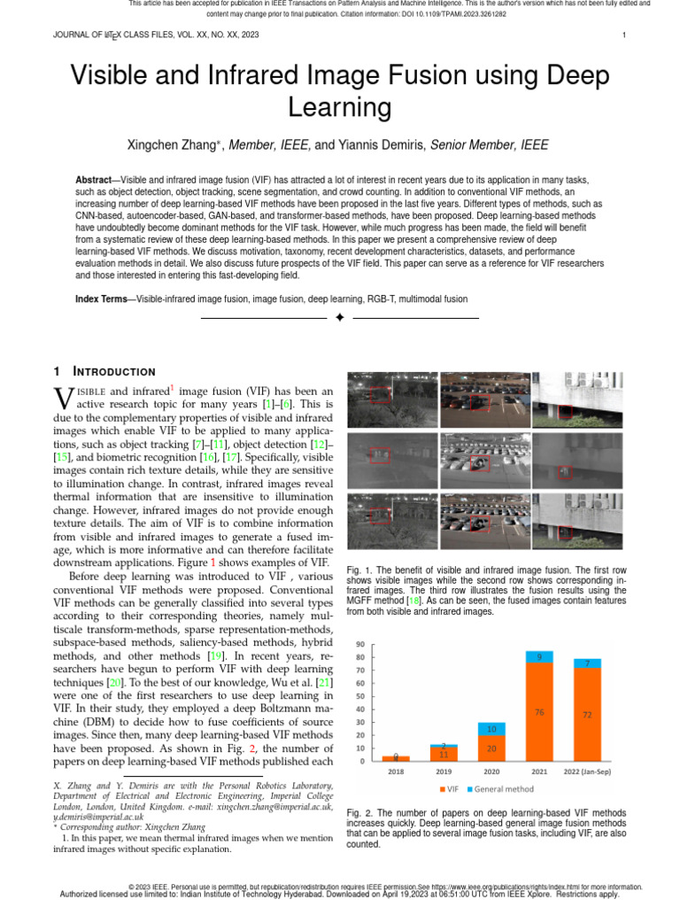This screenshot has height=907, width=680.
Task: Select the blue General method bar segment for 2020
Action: [x=491, y=729]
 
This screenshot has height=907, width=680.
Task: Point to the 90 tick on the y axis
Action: [x=360, y=644]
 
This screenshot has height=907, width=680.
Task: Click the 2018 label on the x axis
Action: [x=396, y=771]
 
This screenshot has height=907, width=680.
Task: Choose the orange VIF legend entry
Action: [x=448, y=788]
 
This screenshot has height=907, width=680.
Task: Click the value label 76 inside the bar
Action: [x=538, y=711]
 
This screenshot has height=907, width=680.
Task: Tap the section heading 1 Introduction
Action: [x=104, y=371]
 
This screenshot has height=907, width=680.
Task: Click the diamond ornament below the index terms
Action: [x=339, y=318]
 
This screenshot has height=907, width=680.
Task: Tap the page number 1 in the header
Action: [x=624, y=35]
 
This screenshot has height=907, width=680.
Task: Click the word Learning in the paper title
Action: [x=339, y=107]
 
